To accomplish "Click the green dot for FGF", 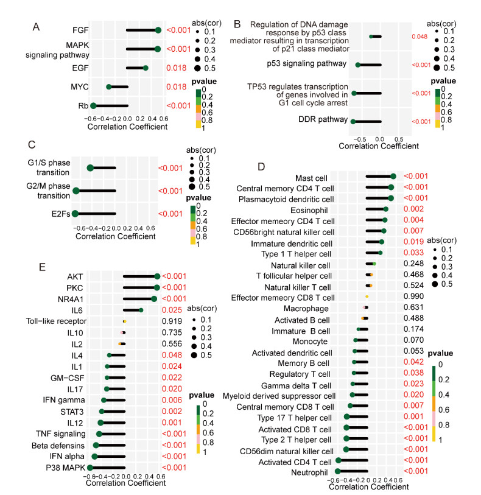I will (x=158, y=30).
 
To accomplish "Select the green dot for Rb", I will (x=93, y=105).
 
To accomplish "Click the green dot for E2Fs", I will (x=75, y=214).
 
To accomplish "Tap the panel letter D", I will (x=262, y=166).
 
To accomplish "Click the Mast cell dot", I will (x=393, y=177).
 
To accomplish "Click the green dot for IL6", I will (x=141, y=310).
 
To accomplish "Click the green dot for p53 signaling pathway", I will (x=358, y=65).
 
